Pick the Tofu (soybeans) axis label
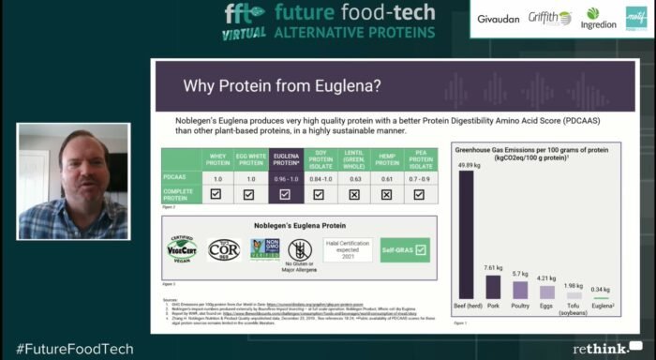coord(574,311)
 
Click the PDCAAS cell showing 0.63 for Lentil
coord(355,176)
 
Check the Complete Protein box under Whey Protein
coord(216,194)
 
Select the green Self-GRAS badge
coord(405,249)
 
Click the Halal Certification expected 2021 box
coord(350,248)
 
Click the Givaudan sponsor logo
coord(497,18)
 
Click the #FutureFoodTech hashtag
coord(74,349)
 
